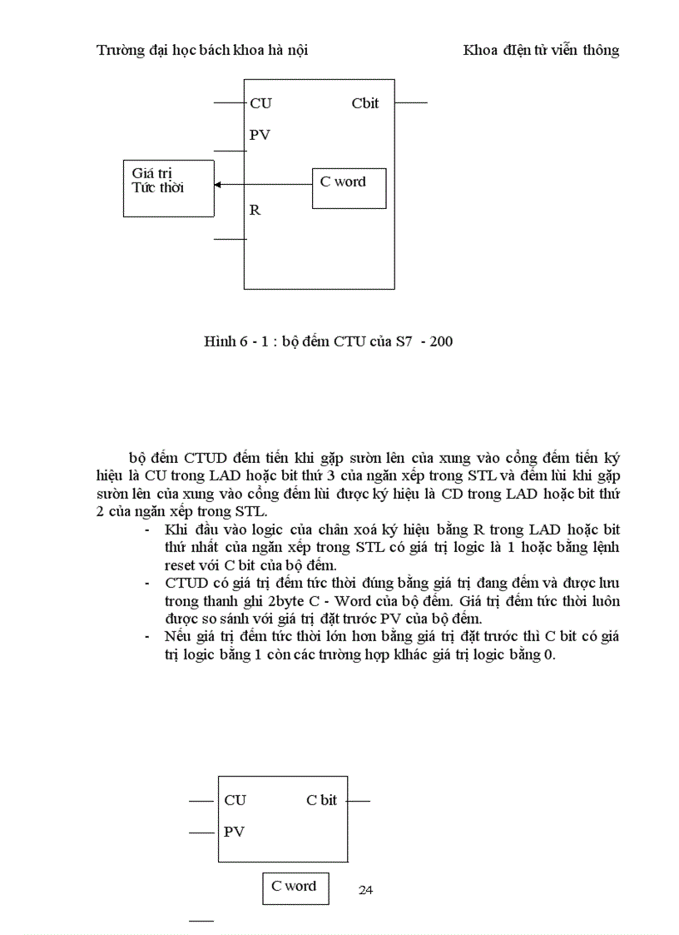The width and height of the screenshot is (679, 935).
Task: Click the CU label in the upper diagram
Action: (x=260, y=103)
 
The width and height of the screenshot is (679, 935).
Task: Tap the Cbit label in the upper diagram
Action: (x=364, y=102)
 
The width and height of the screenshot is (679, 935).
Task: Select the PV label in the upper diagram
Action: (x=260, y=134)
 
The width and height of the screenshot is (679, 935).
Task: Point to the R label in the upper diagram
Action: (x=255, y=210)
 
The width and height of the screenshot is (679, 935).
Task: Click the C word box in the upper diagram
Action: (x=349, y=188)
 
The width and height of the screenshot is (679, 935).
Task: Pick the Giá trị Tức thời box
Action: (x=168, y=189)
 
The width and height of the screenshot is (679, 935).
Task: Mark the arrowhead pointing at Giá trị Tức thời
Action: (x=218, y=185)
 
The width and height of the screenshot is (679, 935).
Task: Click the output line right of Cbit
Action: (x=410, y=103)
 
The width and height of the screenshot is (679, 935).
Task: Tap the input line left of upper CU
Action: (x=229, y=103)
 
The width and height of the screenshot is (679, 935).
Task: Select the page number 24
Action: (x=365, y=890)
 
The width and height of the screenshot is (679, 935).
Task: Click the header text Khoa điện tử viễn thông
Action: (x=541, y=50)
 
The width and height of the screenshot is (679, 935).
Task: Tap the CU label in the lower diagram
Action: (x=235, y=800)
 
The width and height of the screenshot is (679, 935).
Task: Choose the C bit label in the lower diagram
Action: (x=322, y=800)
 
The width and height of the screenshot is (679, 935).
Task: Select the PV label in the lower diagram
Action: (x=234, y=831)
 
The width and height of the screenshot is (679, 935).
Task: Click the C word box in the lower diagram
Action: (x=295, y=888)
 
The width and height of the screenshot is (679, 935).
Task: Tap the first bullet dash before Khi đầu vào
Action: (x=147, y=530)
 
